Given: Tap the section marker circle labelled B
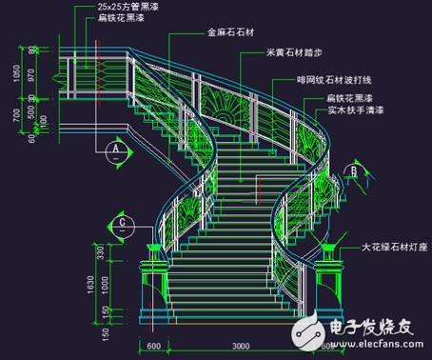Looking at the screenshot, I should (x=352, y=170).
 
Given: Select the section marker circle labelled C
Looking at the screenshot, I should (x=123, y=225).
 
